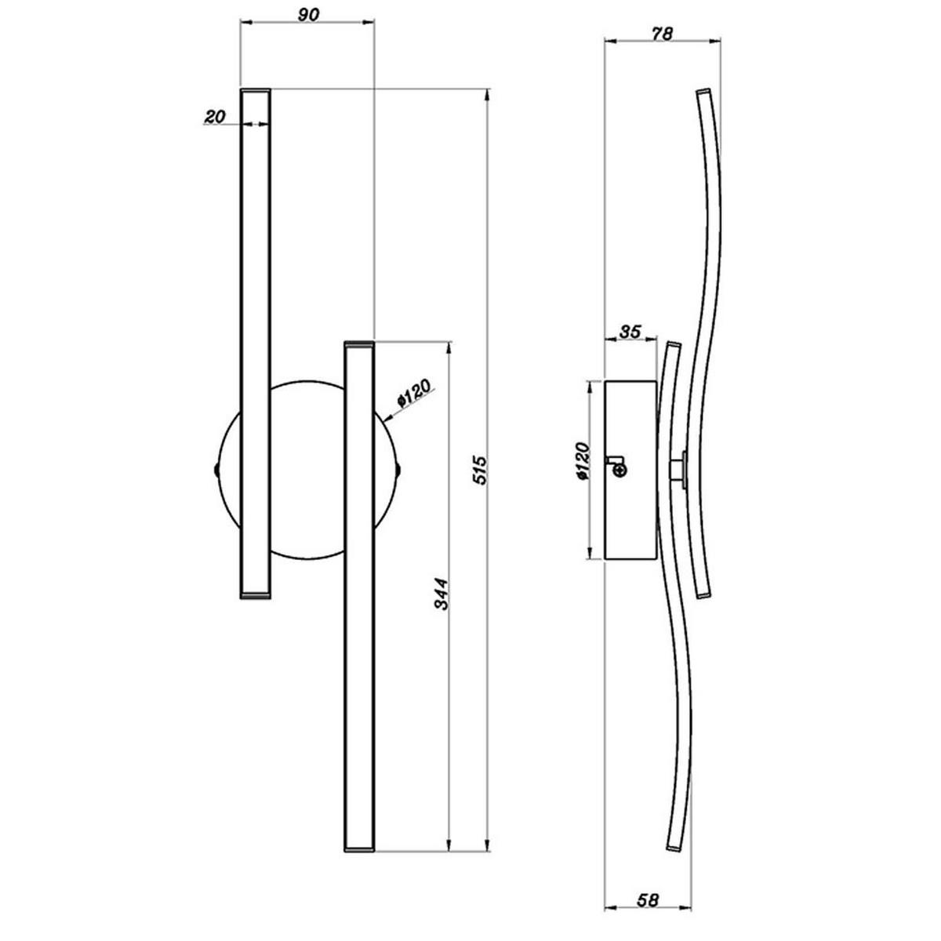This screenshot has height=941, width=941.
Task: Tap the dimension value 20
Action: click(214, 117)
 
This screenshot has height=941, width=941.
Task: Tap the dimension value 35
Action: click(630, 331)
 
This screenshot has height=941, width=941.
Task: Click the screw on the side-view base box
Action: click(619, 469)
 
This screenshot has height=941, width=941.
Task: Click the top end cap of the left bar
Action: click(255, 92)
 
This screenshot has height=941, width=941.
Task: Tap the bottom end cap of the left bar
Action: click(255, 597)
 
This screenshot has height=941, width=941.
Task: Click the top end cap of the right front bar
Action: click(359, 343)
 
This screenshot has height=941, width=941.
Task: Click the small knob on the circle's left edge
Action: click(217, 470)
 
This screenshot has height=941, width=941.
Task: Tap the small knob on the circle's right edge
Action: click(399, 470)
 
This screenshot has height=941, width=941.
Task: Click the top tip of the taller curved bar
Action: click(703, 93)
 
